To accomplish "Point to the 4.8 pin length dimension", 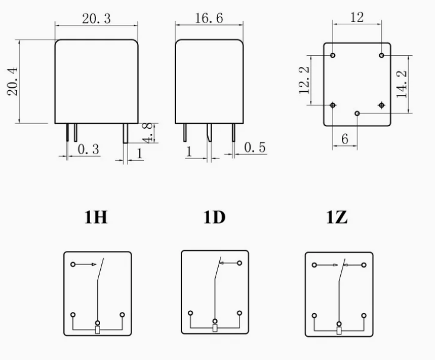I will [x=150, y=132].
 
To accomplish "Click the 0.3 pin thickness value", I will [x=88, y=150].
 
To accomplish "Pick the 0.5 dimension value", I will [x=255, y=148].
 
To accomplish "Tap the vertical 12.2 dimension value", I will [x=305, y=79].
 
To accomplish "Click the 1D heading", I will [x=215, y=218].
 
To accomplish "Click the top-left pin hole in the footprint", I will [x=333, y=56].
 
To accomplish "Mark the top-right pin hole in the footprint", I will [x=381, y=56].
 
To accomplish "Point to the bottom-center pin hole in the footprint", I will [x=357, y=113].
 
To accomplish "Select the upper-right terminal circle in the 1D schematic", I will [x=239, y=263].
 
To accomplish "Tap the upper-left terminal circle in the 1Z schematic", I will [x=315, y=265].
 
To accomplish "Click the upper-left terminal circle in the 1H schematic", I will [x=73, y=265].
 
